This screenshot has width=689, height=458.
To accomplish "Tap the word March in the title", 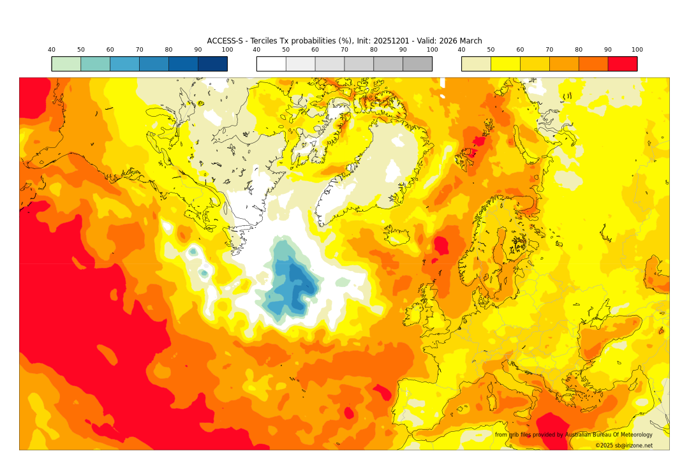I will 470,41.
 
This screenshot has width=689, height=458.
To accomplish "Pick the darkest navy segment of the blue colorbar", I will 212,64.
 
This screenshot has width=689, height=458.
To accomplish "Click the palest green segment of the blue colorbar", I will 66,64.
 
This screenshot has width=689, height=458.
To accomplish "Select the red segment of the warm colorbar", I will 622,64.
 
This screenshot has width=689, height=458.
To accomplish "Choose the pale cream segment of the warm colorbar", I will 476,64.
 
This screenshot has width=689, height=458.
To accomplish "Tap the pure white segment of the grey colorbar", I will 271,64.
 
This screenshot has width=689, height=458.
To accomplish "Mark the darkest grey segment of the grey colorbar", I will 417,64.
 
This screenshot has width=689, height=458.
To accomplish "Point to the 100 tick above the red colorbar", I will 637,50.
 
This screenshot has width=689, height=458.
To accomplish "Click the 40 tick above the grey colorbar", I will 256,50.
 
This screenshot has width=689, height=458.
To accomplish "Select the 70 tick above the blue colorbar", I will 139,50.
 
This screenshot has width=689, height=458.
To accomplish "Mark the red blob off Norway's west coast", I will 440,245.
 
